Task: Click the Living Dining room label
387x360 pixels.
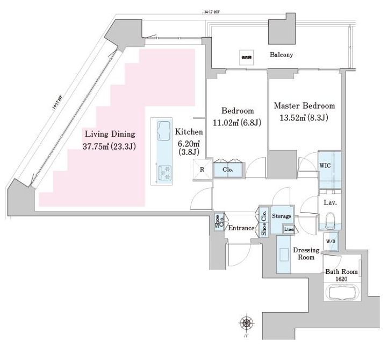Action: [109, 134]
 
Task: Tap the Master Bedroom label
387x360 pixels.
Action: [304, 106]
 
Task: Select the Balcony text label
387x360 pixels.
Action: [281, 55]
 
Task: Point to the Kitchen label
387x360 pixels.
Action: [189, 132]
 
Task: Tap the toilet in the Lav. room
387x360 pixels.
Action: [329, 221]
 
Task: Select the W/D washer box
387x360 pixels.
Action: [330, 241]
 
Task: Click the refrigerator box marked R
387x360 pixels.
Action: [202, 170]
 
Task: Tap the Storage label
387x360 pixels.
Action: [281, 216]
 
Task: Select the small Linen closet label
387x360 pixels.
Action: [289, 230]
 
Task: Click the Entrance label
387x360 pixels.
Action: [241, 228]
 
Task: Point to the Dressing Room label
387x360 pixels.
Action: [306, 254]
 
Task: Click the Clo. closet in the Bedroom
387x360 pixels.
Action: [228, 170]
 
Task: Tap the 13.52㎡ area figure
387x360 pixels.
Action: [290, 118]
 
